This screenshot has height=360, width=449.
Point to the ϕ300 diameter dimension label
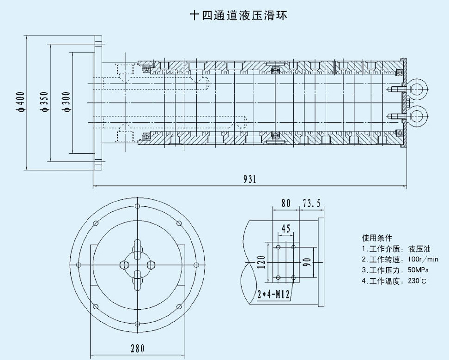[x=67, y=102]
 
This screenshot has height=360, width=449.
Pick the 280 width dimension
[x=137, y=348]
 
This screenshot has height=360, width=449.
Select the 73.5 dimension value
[x=311, y=202]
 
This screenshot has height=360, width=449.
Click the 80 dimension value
[x=286, y=202]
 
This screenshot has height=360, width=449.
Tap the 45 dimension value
[x=286, y=228]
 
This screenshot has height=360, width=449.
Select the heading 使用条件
[x=377, y=238]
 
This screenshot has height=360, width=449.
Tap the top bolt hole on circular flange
[x=137, y=206]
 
